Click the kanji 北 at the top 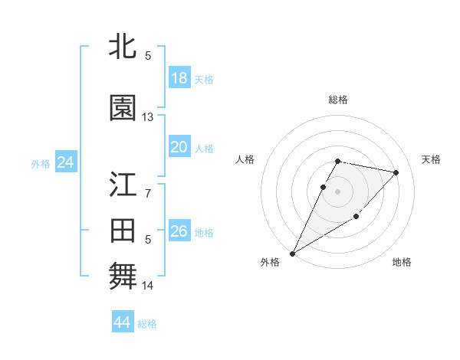tap(123, 47)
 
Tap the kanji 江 tap(123, 185)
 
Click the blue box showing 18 tap(179, 78)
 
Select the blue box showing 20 tap(179, 147)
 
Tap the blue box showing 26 tap(179, 231)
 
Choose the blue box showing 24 tap(65, 162)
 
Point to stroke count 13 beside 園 tap(148, 117)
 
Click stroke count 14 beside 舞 tap(148, 286)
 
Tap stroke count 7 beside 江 tap(148, 193)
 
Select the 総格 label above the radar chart tap(338, 100)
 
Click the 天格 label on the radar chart tap(432, 159)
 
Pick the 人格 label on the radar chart tap(245, 159)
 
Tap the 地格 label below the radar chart tap(402, 262)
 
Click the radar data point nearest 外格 tap(292, 253)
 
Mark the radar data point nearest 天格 tap(396, 172)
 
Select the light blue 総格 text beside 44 tap(147, 324)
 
